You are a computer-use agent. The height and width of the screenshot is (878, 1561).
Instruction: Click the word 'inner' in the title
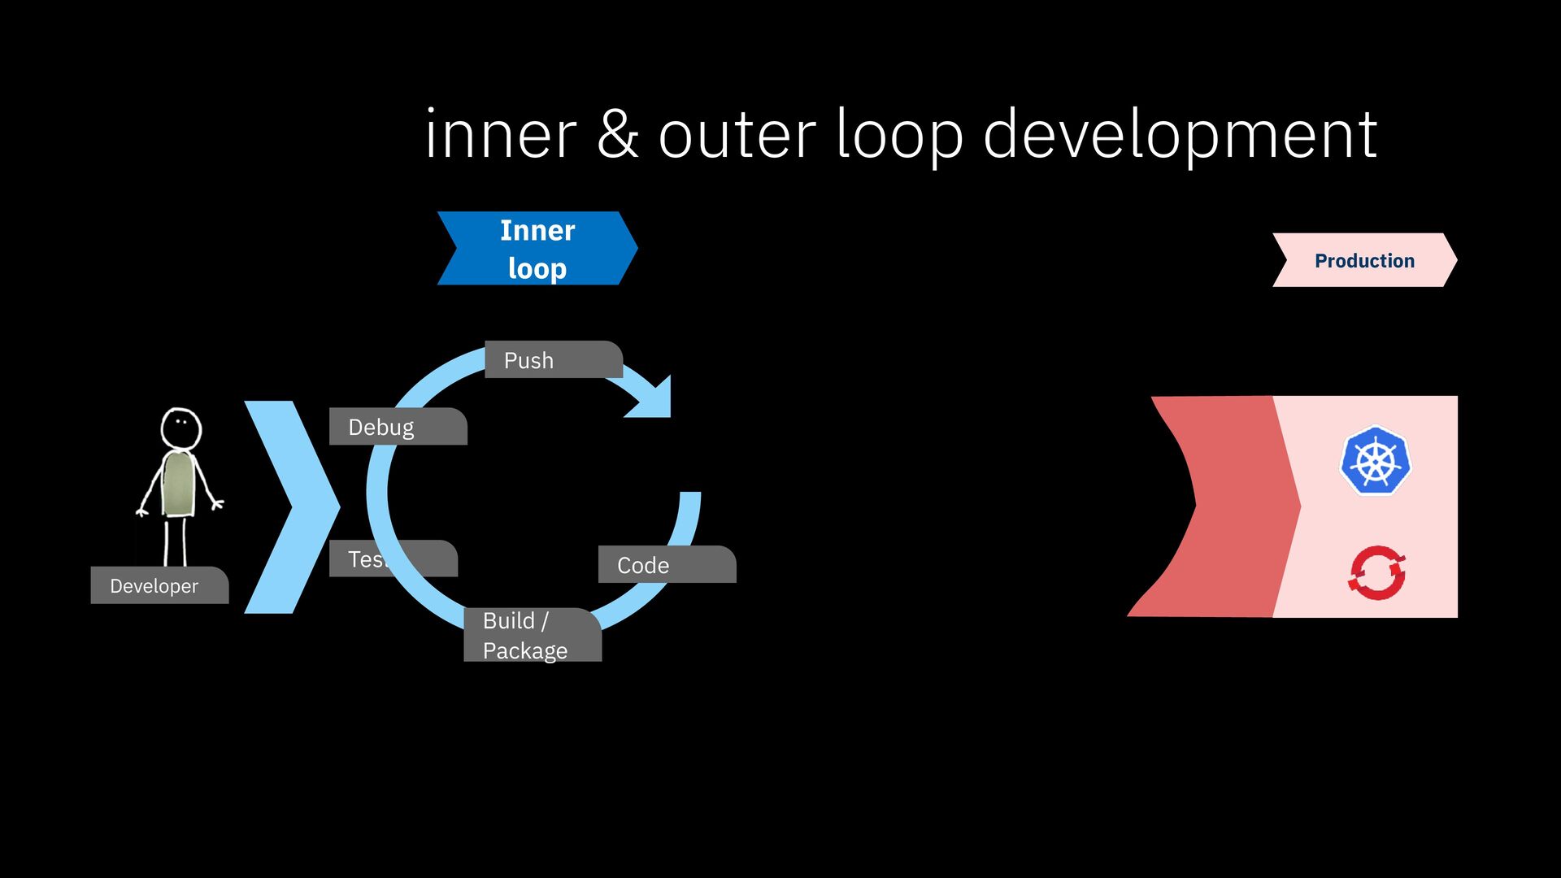point(500,135)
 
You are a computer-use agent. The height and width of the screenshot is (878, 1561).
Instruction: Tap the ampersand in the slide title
point(617,135)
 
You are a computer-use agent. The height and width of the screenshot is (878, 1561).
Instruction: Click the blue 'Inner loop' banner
point(537,249)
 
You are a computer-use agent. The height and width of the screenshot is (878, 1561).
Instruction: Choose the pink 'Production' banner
point(1364,260)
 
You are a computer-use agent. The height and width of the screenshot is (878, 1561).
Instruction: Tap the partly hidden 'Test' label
point(366,559)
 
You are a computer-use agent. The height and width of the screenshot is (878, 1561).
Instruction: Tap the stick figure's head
point(180,427)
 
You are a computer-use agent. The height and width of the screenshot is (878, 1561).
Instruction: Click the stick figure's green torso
point(178,485)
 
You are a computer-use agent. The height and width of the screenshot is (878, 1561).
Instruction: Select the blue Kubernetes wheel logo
point(1376,461)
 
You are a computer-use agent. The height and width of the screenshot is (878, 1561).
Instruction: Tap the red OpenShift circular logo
point(1376,572)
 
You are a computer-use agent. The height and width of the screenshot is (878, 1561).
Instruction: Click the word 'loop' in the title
point(899,135)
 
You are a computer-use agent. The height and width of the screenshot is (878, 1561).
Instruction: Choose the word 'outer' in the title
point(737,135)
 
